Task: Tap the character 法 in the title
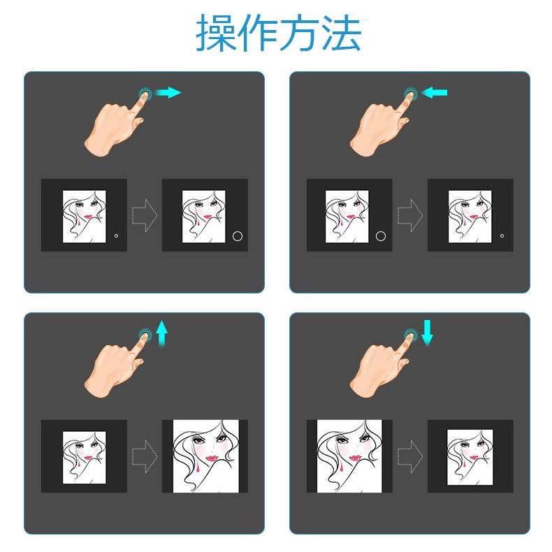click(x=340, y=33)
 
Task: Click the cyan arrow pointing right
click(x=168, y=92)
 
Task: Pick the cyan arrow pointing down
click(x=427, y=333)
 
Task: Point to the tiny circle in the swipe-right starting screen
click(x=116, y=236)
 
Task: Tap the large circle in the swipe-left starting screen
click(x=381, y=236)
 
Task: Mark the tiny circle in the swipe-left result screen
click(x=502, y=236)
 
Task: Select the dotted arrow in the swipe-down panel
click(x=409, y=455)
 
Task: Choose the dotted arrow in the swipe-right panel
click(x=145, y=215)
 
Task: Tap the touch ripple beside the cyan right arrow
click(x=145, y=92)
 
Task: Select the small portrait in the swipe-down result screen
click(x=470, y=454)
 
